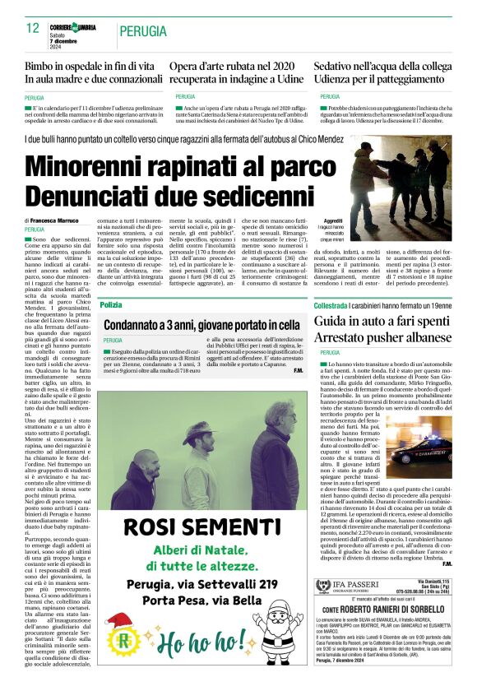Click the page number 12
tap(33, 29)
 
